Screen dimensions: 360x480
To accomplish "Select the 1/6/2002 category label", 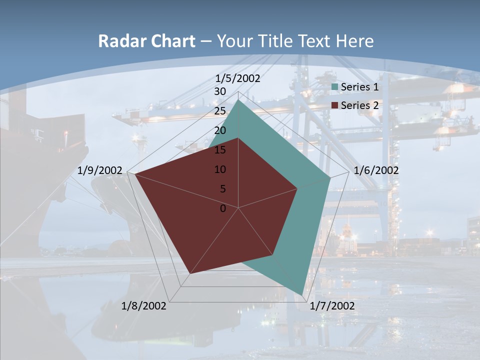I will click(376, 170).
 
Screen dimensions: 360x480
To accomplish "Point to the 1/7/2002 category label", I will click(332, 306).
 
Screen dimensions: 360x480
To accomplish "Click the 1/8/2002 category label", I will click(144, 306).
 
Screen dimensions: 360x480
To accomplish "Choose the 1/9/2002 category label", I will click(100, 170).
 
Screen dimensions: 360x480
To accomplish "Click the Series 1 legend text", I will click(359, 87).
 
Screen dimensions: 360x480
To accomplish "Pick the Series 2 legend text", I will click(359, 105).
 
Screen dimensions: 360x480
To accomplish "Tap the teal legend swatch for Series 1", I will click(335, 87).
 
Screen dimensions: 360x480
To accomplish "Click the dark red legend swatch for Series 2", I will click(335, 105).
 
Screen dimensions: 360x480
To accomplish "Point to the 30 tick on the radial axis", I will click(220, 91).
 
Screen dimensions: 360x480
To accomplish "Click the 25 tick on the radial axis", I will click(220, 111).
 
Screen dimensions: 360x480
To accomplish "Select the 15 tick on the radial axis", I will click(220, 150).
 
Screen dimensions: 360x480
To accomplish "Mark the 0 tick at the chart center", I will click(223, 208).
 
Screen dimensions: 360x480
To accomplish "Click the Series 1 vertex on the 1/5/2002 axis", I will click(238, 100).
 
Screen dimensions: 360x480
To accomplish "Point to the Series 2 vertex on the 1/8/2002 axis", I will click(190, 273).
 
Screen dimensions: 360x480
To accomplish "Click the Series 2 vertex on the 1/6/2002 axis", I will click(297, 188).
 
